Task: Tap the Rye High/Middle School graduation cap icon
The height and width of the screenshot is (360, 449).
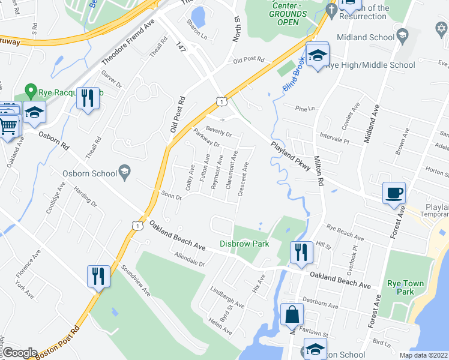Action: coord(317,55)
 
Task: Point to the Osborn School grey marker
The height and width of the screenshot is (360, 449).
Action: coord(125,172)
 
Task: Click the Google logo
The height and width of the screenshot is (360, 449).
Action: coord(20,353)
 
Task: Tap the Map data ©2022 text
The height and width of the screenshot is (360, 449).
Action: coord(424,355)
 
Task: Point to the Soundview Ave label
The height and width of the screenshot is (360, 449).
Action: coord(136,281)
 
